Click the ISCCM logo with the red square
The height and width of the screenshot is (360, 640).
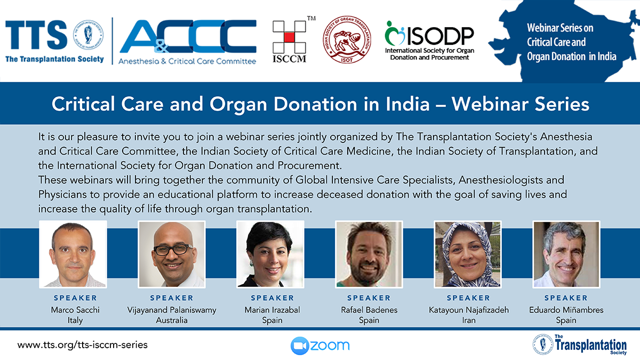pos(289,42)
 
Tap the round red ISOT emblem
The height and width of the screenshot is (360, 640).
pos(347,39)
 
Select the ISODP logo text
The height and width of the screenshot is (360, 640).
pos(441,36)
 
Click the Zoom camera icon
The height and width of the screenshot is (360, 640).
pos(300,346)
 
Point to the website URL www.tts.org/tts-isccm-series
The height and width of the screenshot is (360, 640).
pos(83,345)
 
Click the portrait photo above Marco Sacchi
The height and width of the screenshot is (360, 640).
pos(73,254)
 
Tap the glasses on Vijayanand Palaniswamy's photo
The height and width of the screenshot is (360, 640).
pos(173,250)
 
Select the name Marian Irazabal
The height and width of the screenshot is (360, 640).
pos(273,310)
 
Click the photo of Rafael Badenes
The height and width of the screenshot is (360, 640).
pos(369,254)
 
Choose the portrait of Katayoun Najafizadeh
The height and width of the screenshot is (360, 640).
pos(467,254)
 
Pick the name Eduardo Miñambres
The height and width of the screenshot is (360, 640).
pos(566,310)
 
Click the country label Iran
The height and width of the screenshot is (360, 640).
pos(469,321)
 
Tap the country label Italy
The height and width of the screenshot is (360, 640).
pos(75,321)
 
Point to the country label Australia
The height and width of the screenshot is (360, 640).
pos(171,321)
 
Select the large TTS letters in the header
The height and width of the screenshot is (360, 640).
pos(36,35)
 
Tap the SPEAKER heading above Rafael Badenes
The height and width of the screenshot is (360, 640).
pos(369,298)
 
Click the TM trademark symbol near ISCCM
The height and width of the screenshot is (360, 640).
pos(311,18)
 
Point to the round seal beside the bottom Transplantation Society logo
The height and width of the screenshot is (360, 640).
pos(542,344)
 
